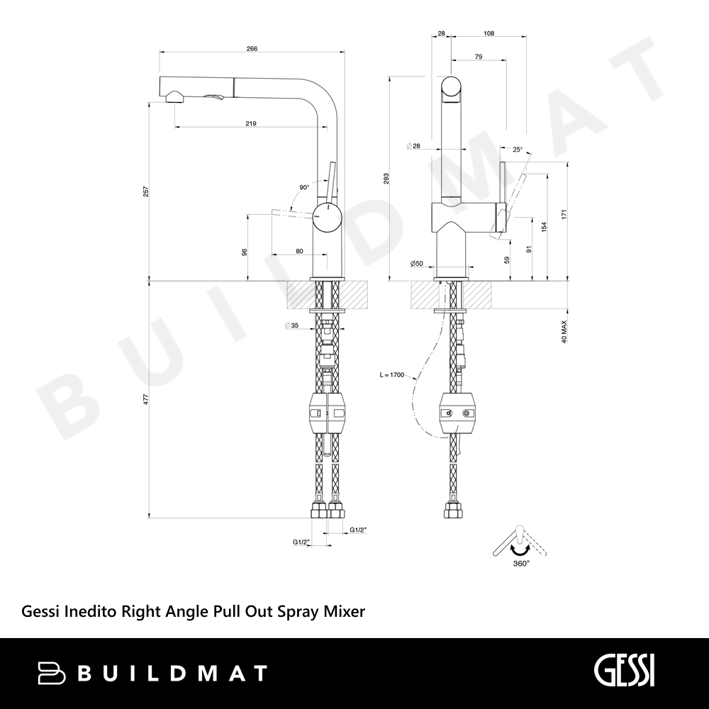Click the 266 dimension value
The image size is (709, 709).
pyautogui.click(x=252, y=49)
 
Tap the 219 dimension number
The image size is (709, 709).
pyautogui.click(x=251, y=123)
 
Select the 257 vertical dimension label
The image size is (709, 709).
pyautogui.click(x=145, y=191)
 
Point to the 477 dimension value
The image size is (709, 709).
pyautogui.click(x=145, y=400)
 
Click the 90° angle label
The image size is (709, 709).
pyautogui.click(x=304, y=187)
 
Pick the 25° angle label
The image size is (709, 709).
pyautogui.click(x=518, y=149)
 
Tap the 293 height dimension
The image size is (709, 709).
pyautogui.click(x=386, y=179)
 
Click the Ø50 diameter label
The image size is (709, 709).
pyautogui.click(x=416, y=263)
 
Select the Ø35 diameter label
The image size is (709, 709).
pyautogui.click(x=291, y=325)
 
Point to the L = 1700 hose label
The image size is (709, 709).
pyautogui.click(x=392, y=375)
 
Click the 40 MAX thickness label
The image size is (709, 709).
pyautogui.click(x=564, y=332)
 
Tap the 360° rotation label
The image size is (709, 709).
pyautogui.click(x=521, y=564)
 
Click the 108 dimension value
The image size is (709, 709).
pyautogui.click(x=489, y=33)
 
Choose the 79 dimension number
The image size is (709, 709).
pyautogui.click(x=479, y=57)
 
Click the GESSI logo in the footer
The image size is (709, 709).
pyautogui.click(x=624, y=673)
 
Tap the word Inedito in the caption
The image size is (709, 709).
pyautogui.click(x=91, y=611)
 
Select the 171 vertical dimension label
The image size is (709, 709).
pyautogui.click(x=564, y=214)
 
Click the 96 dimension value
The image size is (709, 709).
pyautogui.click(x=245, y=252)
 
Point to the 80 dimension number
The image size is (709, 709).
pyautogui.click(x=299, y=252)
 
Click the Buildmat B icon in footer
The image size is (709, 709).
pyautogui.click(x=52, y=673)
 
